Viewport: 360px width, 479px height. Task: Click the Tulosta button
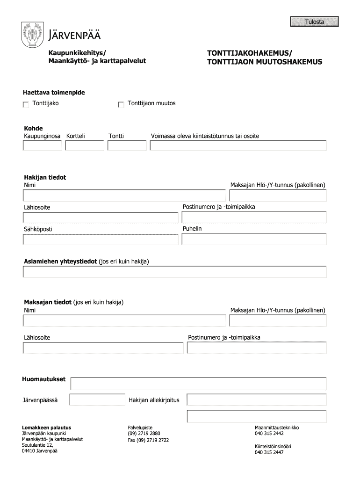314,22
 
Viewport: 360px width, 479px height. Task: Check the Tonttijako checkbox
26,104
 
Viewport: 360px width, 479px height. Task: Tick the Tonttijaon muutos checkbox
121,104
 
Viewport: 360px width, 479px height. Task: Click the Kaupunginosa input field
43,145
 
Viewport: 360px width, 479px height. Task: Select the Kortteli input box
85,145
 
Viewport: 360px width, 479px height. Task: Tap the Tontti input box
127,145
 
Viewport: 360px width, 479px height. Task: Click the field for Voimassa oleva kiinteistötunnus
238,145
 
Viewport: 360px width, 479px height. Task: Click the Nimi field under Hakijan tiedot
124,195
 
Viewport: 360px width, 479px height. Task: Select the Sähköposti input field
101,239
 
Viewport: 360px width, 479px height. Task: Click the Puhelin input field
254,239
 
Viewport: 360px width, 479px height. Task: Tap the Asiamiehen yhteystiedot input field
174,272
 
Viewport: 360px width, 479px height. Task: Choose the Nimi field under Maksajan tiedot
124,320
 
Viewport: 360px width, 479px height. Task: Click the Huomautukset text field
198,384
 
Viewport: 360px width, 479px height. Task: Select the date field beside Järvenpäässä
84,400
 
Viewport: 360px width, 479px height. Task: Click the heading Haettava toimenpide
54,93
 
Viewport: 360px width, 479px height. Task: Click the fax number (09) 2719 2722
148,440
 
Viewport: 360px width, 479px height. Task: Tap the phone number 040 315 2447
269,452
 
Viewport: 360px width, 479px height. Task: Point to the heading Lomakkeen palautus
46,428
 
